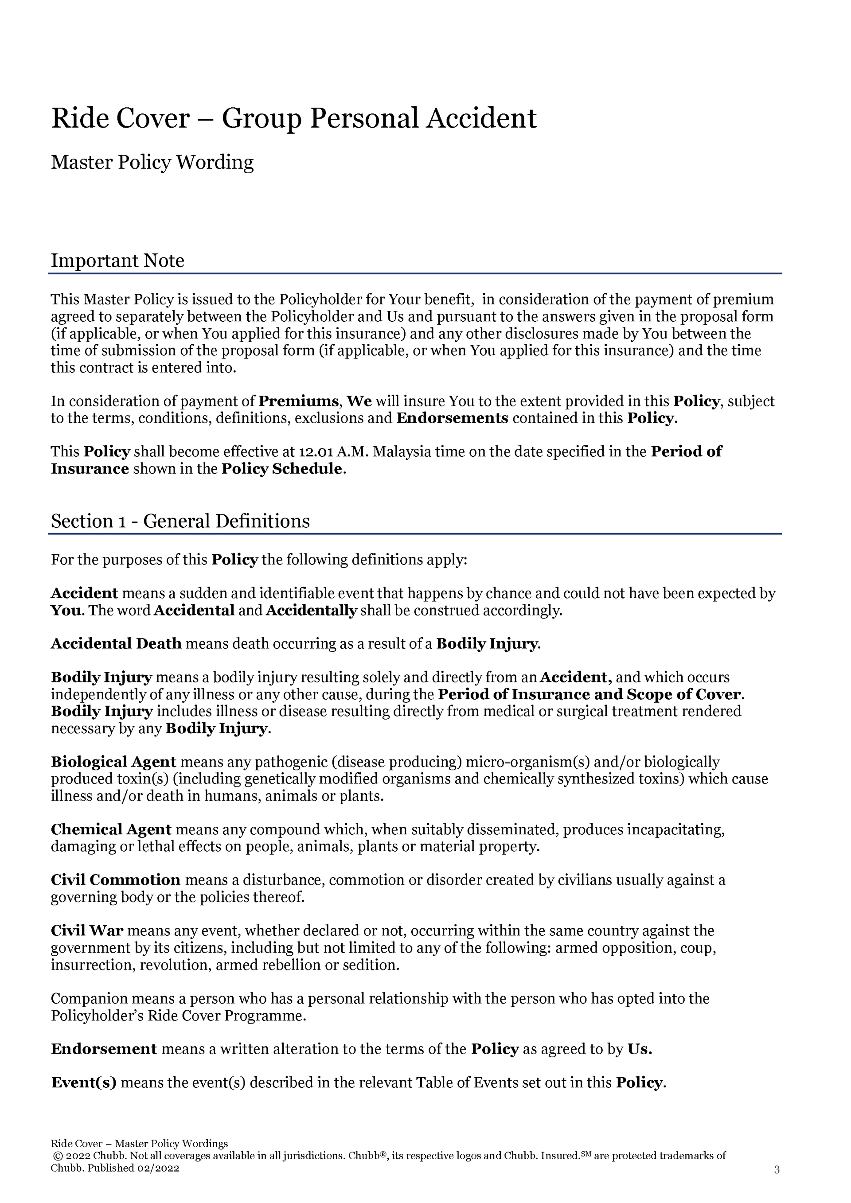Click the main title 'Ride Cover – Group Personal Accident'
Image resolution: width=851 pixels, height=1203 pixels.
coord(293,118)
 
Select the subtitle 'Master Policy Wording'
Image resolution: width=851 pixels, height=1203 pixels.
coord(152,163)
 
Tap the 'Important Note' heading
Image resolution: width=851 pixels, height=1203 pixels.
coord(117,261)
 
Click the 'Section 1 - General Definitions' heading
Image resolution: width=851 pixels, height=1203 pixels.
coord(180,521)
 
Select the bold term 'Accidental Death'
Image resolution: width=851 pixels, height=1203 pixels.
coord(116,643)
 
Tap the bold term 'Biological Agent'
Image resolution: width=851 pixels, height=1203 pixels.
coord(113,762)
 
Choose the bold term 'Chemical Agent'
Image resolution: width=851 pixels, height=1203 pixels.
coord(111,829)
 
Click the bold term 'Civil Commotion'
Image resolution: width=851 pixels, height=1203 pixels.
coord(115,880)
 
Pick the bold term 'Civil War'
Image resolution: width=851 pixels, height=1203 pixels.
coord(87,930)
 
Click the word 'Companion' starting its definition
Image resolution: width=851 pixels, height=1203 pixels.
coord(81,998)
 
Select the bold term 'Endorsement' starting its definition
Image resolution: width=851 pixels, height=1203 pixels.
coord(104,1049)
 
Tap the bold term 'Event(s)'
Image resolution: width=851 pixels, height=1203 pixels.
coord(84,1082)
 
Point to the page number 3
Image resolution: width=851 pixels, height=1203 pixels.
coord(777,1169)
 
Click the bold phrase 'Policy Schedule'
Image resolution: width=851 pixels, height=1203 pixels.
coord(281,468)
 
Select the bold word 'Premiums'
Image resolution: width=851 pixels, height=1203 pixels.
coord(299,401)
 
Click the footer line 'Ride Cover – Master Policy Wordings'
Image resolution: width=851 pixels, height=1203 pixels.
coord(139,1143)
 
